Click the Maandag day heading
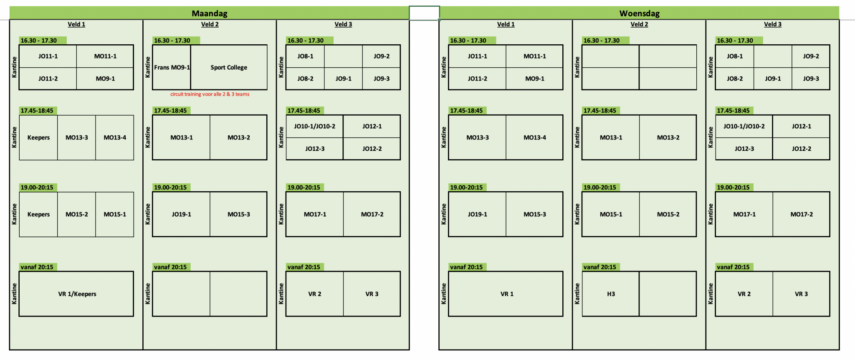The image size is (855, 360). pos(209,13)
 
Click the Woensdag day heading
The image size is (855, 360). pos(639,13)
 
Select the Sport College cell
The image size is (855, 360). pos(229,67)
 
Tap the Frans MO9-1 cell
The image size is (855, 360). pos(172,67)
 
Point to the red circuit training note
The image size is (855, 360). pos(210,94)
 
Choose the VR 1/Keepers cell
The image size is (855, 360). pos(77,294)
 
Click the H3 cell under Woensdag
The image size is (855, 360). pos(611,294)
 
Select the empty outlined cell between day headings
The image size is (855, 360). pos(424,13)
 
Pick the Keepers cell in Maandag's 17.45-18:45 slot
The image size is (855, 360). pos(38,137)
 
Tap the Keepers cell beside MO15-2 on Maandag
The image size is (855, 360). pos(38,214)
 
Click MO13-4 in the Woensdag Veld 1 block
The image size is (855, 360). pos(534,137)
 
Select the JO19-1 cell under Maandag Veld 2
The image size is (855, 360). pos(181,214)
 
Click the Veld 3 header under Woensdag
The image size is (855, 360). pos(772,24)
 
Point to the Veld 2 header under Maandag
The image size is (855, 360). pos(210,24)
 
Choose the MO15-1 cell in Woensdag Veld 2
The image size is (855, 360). pos(611,214)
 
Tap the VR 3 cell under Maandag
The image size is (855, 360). pos(372,294)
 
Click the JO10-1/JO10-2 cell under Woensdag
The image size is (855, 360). pos(744,126)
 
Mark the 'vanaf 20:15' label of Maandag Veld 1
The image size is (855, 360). pos(37,267)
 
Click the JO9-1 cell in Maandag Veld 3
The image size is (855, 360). pos(343,79)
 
